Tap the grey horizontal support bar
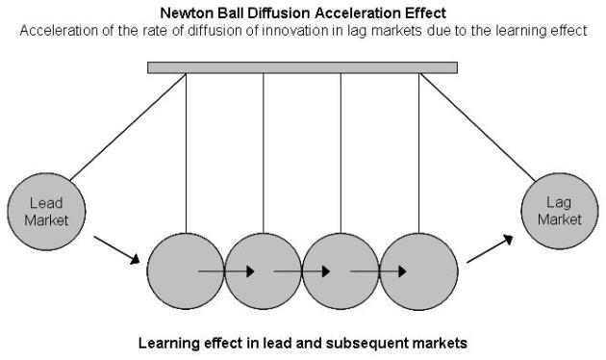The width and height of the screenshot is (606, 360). click(302, 67)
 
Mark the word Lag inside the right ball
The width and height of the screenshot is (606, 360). click(559, 203)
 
